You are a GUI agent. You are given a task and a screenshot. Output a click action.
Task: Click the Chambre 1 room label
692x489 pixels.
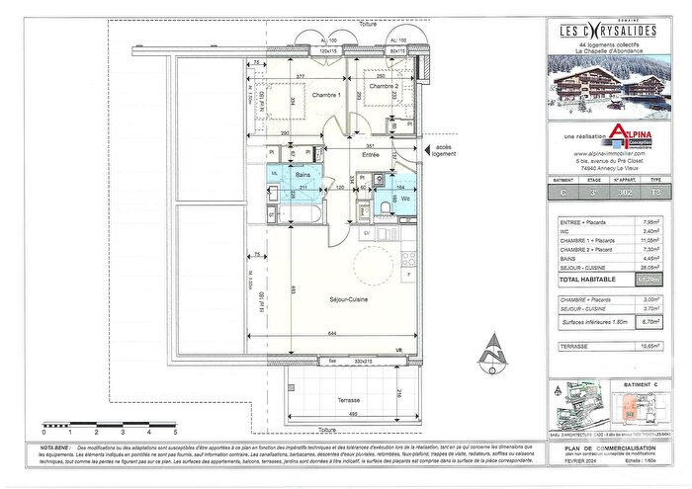(x=327, y=95)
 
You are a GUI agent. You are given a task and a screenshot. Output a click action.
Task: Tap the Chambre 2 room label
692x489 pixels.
(x=383, y=87)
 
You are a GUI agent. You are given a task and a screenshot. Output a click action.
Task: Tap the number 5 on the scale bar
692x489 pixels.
(x=175, y=432)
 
